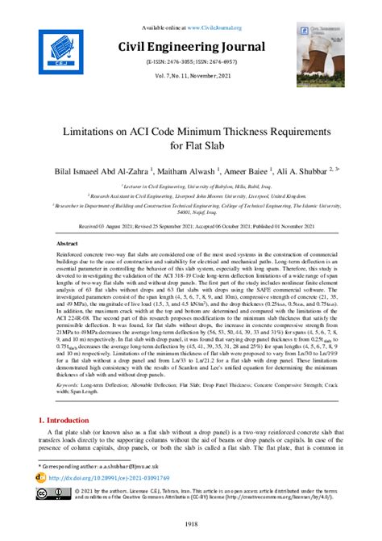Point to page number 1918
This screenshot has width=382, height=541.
point(191,525)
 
